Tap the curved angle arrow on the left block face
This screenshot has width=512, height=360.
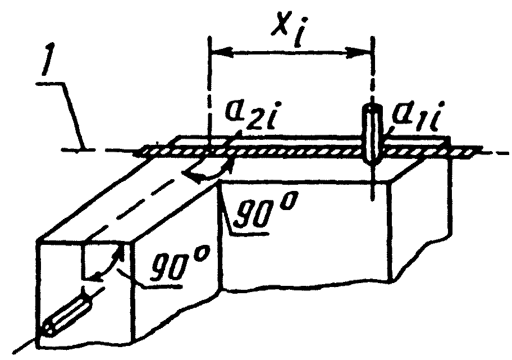(x=109, y=264)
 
